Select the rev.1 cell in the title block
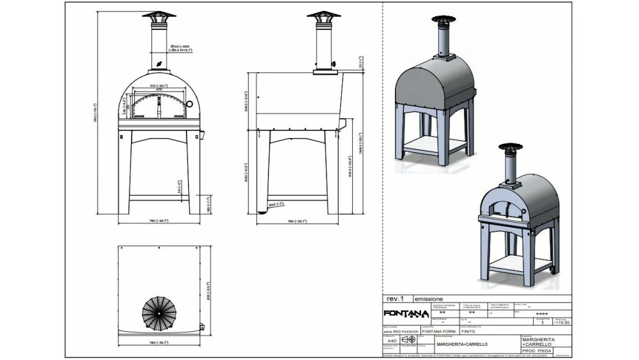396,299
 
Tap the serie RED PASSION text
401,332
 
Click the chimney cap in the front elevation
158,15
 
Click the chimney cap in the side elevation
323,15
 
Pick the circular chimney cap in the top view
159,313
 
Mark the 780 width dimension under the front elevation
158,221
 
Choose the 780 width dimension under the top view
158,343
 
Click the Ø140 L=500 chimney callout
182,46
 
